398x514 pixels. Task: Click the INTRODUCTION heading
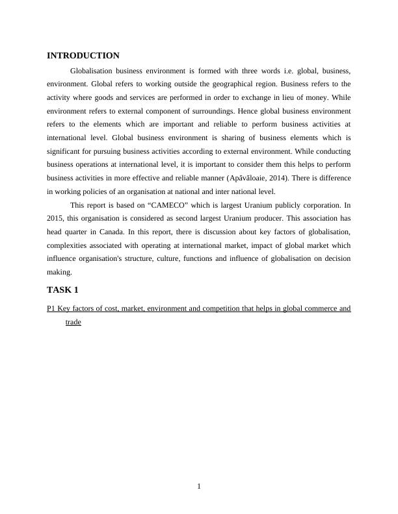click(x=83, y=56)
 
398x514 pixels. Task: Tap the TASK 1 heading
click(x=62, y=289)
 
